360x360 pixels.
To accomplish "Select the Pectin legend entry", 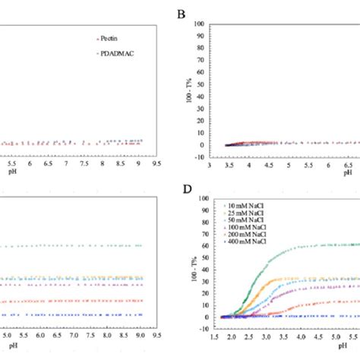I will point(124,37).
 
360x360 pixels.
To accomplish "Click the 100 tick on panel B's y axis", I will point(199,24).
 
